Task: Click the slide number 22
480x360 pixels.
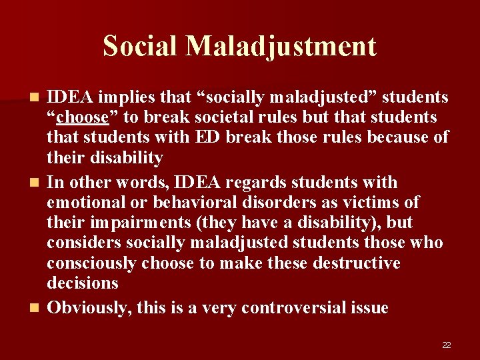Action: coord(446,345)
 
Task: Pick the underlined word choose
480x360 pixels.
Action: coord(83,117)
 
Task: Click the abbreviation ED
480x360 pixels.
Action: coord(207,137)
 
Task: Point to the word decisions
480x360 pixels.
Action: coord(82,283)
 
